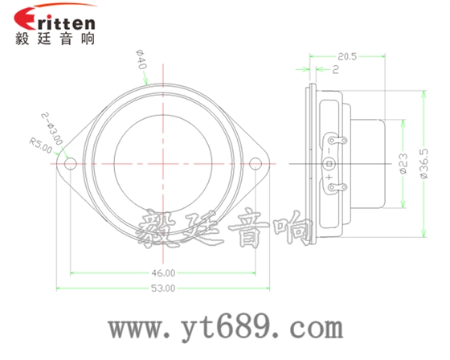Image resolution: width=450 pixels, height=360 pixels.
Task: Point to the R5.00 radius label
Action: click(40, 145)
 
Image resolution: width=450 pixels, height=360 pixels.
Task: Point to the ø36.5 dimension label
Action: click(423, 164)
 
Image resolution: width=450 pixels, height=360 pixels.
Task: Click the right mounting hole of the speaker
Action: click(257, 164)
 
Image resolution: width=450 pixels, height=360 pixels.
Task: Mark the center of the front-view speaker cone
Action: click(164, 164)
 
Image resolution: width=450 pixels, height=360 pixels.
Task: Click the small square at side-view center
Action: click(328, 164)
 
